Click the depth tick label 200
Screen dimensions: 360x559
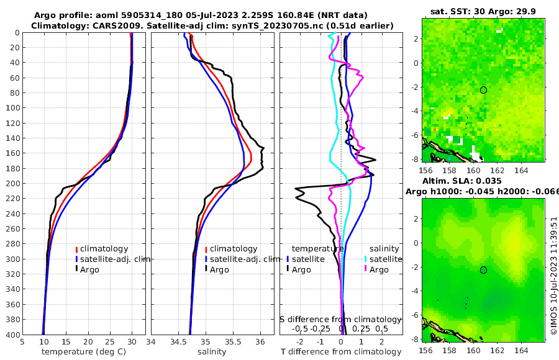pyautogui.click(x=12, y=183)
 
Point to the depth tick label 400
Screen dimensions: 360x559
pyautogui.click(x=12, y=335)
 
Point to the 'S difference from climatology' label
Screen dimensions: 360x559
pyautogui.click(x=340, y=319)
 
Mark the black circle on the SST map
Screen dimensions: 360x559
pyautogui.click(x=483, y=90)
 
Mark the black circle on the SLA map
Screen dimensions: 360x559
pyautogui.click(x=483, y=269)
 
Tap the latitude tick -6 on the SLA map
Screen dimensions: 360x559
pyautogui.click(x=415, y=315)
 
